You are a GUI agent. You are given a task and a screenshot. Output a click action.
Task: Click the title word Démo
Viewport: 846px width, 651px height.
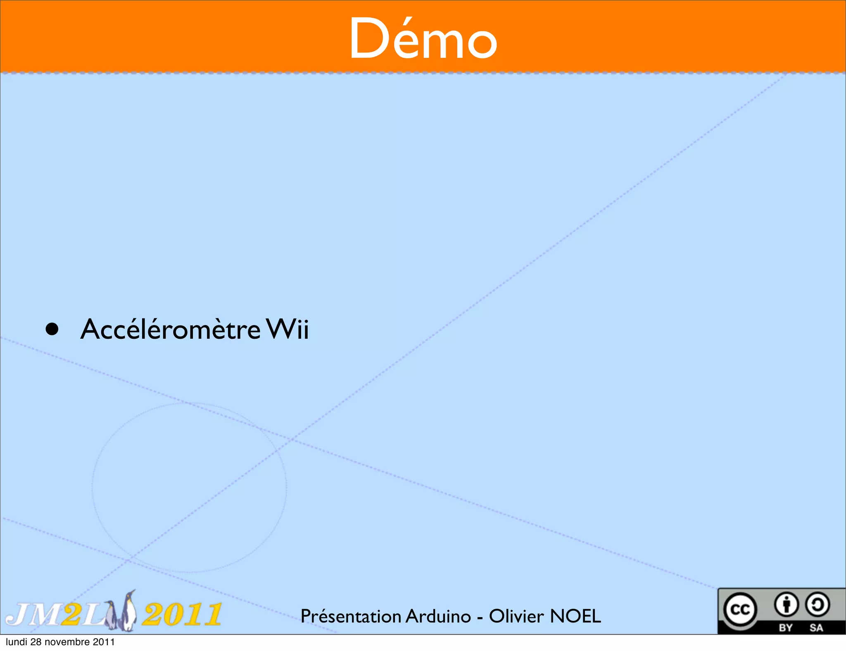423,39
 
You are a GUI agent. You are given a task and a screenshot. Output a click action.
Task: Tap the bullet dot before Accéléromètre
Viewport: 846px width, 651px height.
52,330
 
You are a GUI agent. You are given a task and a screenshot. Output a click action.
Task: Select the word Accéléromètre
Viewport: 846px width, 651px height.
170,330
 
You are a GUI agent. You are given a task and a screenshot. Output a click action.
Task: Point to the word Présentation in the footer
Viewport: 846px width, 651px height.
351,616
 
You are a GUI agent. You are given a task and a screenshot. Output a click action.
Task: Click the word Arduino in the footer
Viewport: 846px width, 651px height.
438,616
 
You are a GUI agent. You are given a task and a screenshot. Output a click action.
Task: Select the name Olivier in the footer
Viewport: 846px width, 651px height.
516,616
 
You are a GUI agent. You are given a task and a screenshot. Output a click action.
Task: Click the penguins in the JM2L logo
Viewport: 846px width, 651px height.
124,611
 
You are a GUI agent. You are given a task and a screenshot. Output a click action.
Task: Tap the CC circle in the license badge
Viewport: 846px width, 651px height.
740,609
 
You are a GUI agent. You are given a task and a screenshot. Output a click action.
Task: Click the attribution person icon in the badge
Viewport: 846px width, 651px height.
786,605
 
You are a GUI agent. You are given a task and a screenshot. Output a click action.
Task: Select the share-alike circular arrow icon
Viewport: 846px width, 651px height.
817,605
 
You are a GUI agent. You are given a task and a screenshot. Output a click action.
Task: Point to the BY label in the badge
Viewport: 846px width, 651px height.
786,628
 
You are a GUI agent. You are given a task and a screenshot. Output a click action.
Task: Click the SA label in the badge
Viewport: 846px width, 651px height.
816,628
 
